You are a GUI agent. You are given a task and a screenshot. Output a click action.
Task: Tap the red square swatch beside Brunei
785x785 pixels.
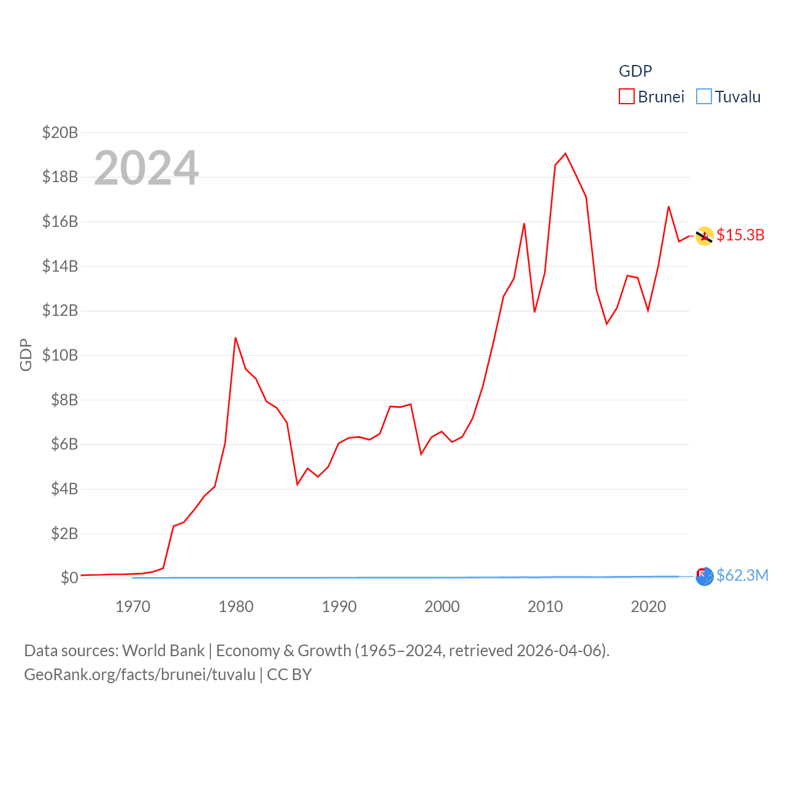pyautogui.click(x=626, y=97)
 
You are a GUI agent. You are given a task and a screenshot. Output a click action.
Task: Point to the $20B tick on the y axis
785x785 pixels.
pyautogui.click(x=59, y=132)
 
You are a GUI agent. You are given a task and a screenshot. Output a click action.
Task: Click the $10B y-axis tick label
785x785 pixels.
pyautogui.click(x=59, y=355)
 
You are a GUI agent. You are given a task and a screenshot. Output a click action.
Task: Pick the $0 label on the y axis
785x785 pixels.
pyautogui.click(x=69, y=578)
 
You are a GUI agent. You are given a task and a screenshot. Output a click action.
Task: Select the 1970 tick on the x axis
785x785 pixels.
pyautogui.click(x=132, y=607)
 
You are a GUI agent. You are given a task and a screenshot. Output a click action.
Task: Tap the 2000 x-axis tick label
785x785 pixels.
pyautogui.click(x=442, y=607)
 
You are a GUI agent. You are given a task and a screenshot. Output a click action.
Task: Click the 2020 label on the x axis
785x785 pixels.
pyautogui.click(x=648, y=607)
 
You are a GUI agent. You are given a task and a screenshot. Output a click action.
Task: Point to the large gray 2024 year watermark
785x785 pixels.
pyautogui.click(x=146, y=168)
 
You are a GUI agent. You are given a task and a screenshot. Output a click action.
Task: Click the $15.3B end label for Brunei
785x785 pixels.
pyautogui.click(x=740, y=235)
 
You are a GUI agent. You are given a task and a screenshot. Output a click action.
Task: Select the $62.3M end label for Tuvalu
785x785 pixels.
pyautogui.click(x=742, y=575)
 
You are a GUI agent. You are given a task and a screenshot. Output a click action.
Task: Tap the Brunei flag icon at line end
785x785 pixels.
pyautogui.click(x=704, y=235)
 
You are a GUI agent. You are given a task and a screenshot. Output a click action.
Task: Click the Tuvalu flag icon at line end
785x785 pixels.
pyautogui.click(x=704, y=576)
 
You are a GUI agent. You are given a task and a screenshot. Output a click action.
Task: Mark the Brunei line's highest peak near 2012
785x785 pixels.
pyautogui.click(x=565, y=153)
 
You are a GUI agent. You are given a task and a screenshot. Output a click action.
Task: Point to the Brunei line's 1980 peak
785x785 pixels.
pyautogui.click(x=235, y=338)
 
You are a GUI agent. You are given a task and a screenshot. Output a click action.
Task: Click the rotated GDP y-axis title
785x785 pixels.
pyautogui.click(x=26, y=354)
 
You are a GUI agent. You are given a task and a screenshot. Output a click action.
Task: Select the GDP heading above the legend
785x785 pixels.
pyautogui.click(x=635, y=71)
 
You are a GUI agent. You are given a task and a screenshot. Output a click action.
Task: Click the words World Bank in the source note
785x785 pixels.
pyautogui.click(x=163, y=651)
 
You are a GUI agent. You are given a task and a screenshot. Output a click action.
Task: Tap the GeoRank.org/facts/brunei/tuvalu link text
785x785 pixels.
pyautogui.click(x=140, y=675)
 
